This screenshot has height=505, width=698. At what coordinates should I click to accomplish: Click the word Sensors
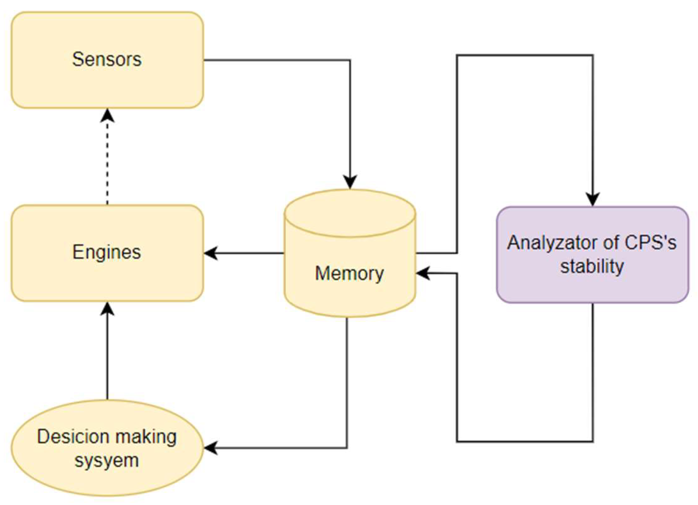point(107,59)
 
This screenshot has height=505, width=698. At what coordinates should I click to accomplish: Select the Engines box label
point(107,252)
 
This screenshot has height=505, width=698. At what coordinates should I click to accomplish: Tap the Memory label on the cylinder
point(349,273)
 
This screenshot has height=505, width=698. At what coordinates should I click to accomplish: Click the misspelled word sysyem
point(107,460)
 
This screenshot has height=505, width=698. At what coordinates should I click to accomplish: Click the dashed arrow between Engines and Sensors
point(107,163)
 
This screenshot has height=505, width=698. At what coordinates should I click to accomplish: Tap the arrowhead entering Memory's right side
point(422,274)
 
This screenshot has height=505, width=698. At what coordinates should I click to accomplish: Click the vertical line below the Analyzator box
point(592,371)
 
